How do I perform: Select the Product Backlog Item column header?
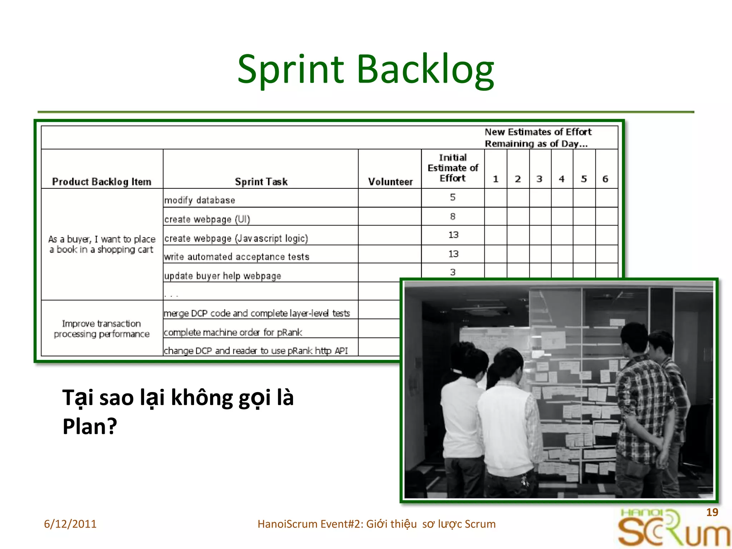[102, 182]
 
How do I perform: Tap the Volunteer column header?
[390, 182]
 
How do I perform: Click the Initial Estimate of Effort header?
[453, 168]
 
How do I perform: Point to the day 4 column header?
[562, 179]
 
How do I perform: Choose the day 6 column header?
[605, 179]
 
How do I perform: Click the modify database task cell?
[200, 200]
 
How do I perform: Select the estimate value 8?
[453, 216]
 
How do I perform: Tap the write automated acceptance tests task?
[237, 256]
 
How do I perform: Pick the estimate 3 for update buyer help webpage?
[453, 272]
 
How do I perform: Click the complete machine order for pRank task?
[233, 332]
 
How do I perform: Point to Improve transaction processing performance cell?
[102, 328]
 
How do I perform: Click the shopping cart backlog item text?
[102, 244]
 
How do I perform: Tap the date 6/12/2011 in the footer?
[70, 524]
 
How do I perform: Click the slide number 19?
[712, 512]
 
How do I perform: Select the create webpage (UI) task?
[207, 219]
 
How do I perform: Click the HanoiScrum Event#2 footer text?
[376, 524]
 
